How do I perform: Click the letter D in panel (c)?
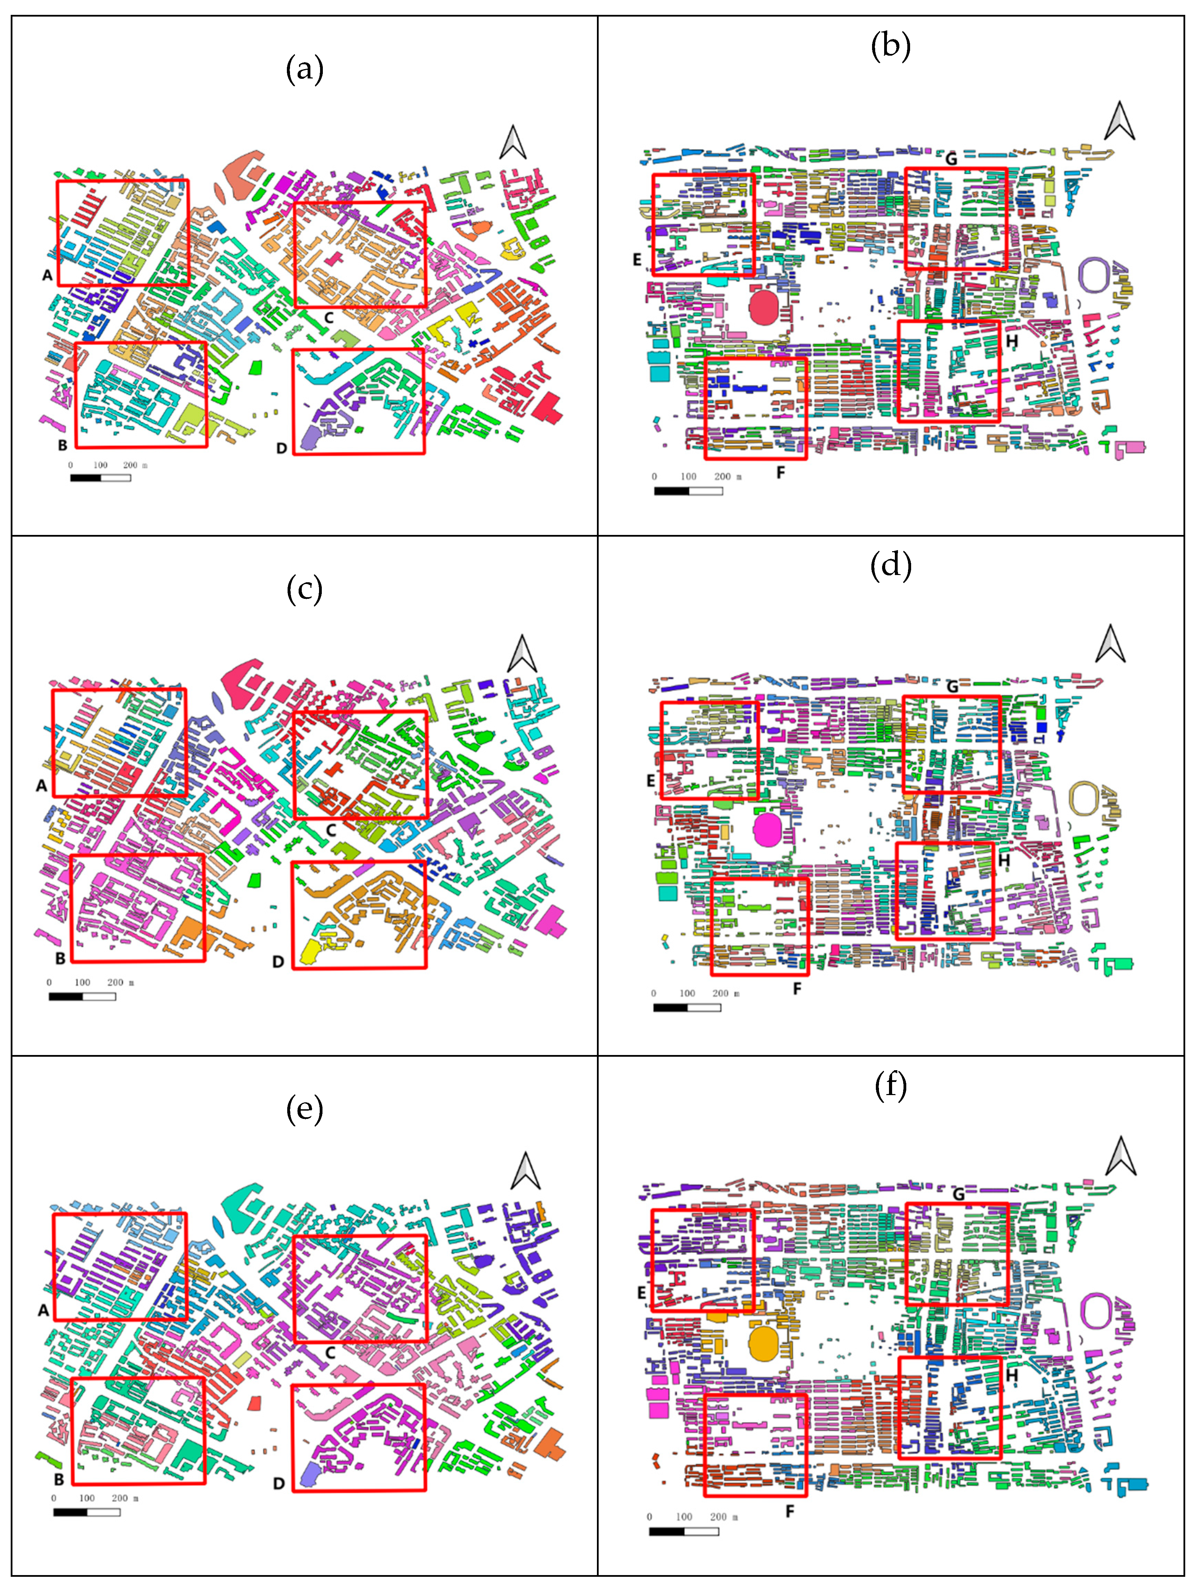pos(279,962)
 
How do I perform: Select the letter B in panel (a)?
pos(63,445)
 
